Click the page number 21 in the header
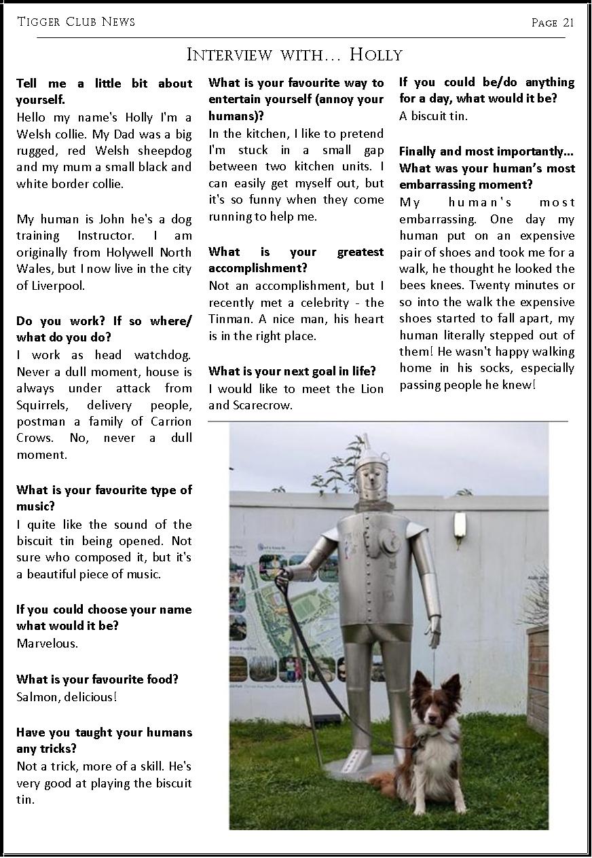[x=568, y=22]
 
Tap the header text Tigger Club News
[x=76, y=22]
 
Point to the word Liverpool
[x=59, y=285]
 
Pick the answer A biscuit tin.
[x=433, y=115]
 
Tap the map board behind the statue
[x=285, y=611]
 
